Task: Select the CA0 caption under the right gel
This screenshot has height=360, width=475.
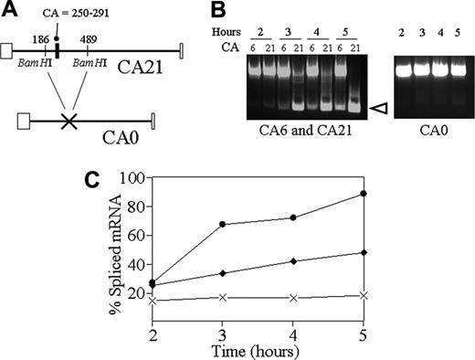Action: tap(430, 129)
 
